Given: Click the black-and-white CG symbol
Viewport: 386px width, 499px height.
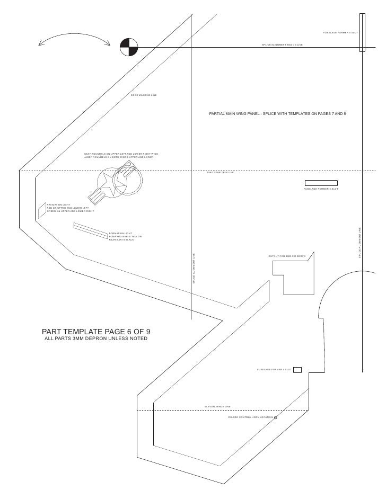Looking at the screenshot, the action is coord(128,47).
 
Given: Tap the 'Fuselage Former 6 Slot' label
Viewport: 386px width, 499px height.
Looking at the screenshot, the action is coord(340,33).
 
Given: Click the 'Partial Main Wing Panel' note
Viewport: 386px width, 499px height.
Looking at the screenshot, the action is coord(277,114).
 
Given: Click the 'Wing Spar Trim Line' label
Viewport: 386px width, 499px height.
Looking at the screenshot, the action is coord(220,172).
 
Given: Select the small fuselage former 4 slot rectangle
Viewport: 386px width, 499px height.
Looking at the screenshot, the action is coord(297,369).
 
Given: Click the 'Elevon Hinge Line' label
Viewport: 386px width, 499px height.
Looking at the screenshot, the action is coord(217,406).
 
